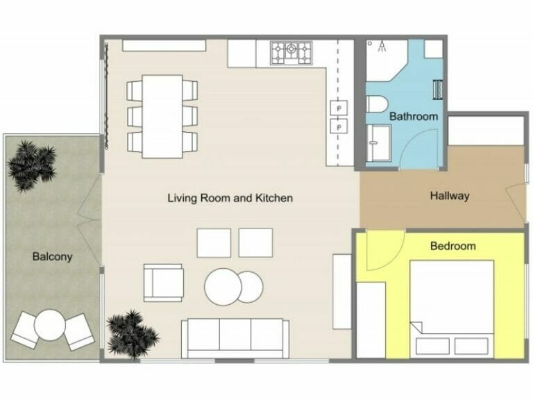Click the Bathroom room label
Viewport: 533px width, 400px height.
pos(413,116)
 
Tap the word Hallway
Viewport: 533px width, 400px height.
pos(449,196)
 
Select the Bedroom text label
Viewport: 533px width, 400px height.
pos(452,246)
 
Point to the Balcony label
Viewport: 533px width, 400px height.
pos(52,256)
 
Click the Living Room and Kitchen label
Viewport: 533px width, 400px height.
pos(230,198)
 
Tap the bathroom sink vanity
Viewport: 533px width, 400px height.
pos(378,142)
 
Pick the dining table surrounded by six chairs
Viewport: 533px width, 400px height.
pos(162,116)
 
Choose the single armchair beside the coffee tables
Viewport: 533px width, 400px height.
pos(164,283)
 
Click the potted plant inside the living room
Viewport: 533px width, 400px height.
pos(131,333)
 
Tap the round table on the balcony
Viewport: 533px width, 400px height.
pos(50,325)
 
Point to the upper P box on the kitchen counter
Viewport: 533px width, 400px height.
pos(338,108)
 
